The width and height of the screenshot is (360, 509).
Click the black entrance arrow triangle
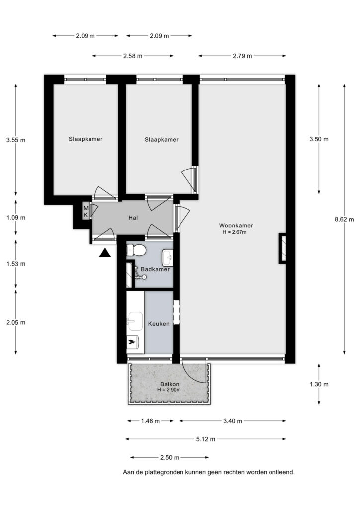click(x=105, y=253)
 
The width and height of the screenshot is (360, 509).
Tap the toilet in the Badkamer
click(x=136, y=250)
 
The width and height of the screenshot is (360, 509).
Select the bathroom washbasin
click(x=167, y=258)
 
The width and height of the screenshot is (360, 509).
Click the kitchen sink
click(x=135, y=321)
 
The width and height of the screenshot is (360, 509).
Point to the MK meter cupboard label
click(x=86, y=211)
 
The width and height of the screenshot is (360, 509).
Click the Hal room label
click(x=133, y=218)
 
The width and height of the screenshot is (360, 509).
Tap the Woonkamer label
click(x=236, y=225)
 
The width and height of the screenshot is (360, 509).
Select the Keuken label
click(x=159, y=323)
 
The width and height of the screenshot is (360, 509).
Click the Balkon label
click(x=170, y=384)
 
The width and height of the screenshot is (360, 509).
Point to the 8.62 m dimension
click(x=344, y=219)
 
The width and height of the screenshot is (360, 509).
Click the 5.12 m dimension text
click(x=206, y=439)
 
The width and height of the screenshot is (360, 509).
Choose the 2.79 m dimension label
click(x=242, y=56)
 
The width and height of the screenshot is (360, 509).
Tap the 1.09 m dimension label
click(x=16, y=218)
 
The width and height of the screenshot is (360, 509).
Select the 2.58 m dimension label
click(x=133, y=56)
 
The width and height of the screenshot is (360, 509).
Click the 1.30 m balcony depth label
click(x=319, y=384)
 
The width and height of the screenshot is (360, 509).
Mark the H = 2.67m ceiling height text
click(x=234, y=232)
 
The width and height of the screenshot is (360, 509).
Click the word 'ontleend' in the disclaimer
click(x=281, y=472)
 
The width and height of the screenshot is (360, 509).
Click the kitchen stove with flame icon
click(x=132, y=342)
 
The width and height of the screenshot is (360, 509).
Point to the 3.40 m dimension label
click(x=232, y=421)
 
